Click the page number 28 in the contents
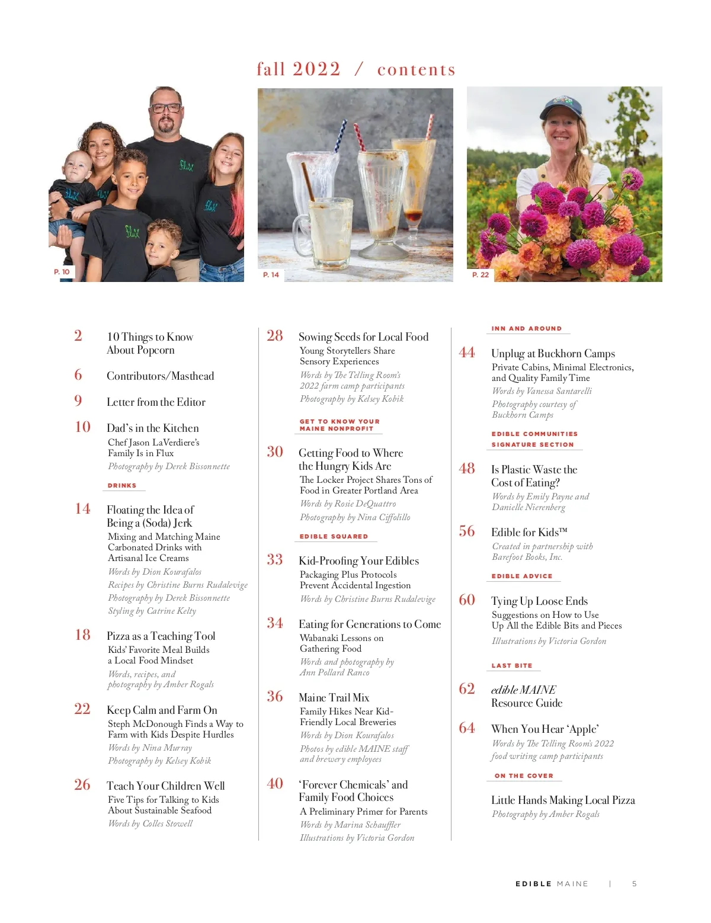(275, 336)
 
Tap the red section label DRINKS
(122, 486)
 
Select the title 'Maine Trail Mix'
(334, 698)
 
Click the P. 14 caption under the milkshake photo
(271, 275)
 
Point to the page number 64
(467, 728)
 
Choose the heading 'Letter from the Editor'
(156, 402)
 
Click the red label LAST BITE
(512, 666)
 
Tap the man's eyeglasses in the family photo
(166, 108)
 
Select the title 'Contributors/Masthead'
(160, 376)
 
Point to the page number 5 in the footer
(634, 884)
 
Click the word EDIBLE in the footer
(533, 884)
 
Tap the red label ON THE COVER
(524, 776)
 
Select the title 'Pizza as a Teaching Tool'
(161, 636)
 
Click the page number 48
(467, 469)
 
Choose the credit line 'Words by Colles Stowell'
(150, 823)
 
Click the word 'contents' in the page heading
(416, 70)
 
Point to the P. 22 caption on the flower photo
(481, 275)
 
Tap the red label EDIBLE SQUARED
(334, 537)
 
